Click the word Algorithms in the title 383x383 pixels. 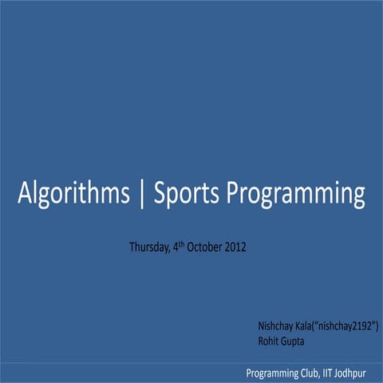[x=73, y=194]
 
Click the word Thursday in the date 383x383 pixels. [x=149, y=247]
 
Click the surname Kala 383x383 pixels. [x=306, y=326]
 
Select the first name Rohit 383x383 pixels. [x=269, y=342]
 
